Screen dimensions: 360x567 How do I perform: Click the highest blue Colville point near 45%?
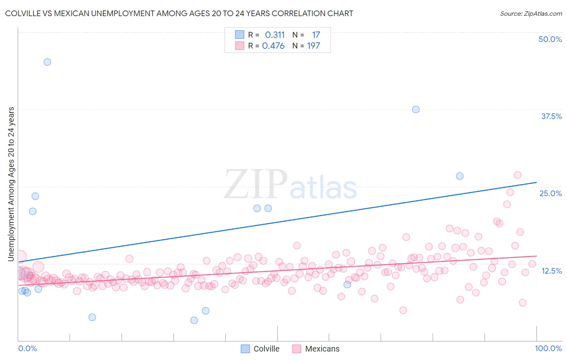pyautogui.click(x=47, y=62)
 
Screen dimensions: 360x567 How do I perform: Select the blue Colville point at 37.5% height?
pyautogui.click(x=416, y=109)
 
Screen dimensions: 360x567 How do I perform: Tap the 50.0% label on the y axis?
pyautogui.click(x=550, y=39)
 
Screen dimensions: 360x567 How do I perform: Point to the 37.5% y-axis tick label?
pyautogui.click(x=551, y=116)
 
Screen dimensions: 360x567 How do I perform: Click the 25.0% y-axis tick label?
pyautogui.click(x=550, y=193)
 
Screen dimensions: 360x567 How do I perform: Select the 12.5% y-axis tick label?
pyautogui.click(x=551, y=271)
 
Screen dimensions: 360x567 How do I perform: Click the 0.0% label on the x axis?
pyautogui.click(x=27, y=348)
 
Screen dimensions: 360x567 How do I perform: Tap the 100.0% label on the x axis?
pyautogui.click(x=548, y=348)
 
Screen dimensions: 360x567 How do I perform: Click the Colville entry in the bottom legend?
pyautogui.click(x=266, y=349)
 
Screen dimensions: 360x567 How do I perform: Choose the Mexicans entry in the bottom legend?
pyautogui.click(x=322, y=349)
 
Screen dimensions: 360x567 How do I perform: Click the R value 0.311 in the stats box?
pyautogui.click(x=275, y=35)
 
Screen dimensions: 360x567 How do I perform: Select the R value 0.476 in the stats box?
pyautogui.click(x=273, y=46)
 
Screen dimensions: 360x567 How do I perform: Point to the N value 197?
pyautogui.click(x=313, y=46)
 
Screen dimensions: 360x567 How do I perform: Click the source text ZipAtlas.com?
pyautogui.click(x=531, y=13)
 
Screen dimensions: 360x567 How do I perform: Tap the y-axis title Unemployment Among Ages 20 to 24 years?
pyautogui.click(x=11, y=184)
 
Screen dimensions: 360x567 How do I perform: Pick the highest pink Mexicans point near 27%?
pyautogui.click(x=517, y=175)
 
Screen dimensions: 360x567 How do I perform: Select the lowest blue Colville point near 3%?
pyautogui.click(x=194, y=320)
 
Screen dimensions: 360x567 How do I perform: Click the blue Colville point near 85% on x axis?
pyautogui.click(x=459, y=176)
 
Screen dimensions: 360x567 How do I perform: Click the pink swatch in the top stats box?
pyautogui.click(x=240, y=46)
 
